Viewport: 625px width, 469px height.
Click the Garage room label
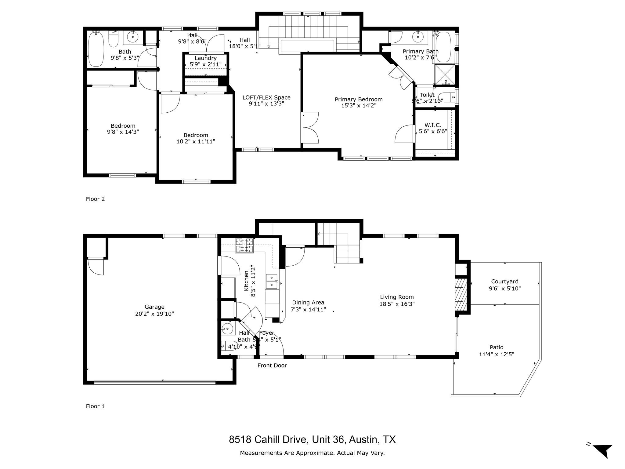154,307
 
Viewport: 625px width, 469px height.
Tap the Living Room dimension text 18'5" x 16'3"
397,304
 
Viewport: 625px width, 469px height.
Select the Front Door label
272,365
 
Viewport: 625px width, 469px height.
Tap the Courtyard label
504,282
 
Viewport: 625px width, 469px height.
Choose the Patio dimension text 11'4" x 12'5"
497,354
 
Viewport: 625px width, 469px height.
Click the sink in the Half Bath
227,329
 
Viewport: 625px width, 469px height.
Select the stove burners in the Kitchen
244,245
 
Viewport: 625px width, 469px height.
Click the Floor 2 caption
95,199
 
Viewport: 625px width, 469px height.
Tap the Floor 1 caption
95,406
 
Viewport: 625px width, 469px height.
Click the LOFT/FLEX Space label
266,98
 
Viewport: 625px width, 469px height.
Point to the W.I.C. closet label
433,125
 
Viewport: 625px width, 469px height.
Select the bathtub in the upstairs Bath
96,50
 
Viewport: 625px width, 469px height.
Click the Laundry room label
205,58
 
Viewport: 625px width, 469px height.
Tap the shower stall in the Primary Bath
444,75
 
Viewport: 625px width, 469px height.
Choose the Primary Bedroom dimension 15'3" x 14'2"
359,106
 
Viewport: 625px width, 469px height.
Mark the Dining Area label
308,303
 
